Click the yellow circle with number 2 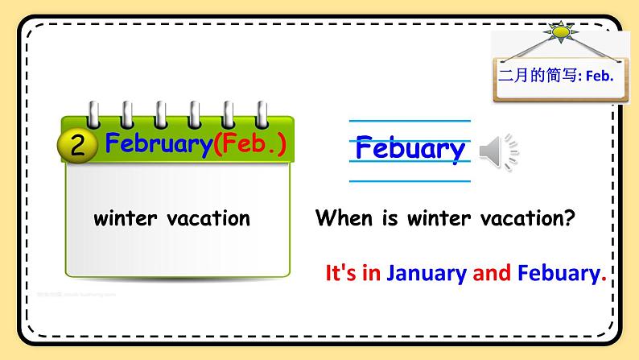[78, 145]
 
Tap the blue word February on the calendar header [159, 144]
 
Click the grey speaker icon [497, 151]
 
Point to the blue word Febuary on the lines [410, 148]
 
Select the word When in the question [344, 217]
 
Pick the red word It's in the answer [341, 273]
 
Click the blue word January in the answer [427, 274]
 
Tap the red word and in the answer [492, 273]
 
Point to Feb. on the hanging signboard [600, 77]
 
